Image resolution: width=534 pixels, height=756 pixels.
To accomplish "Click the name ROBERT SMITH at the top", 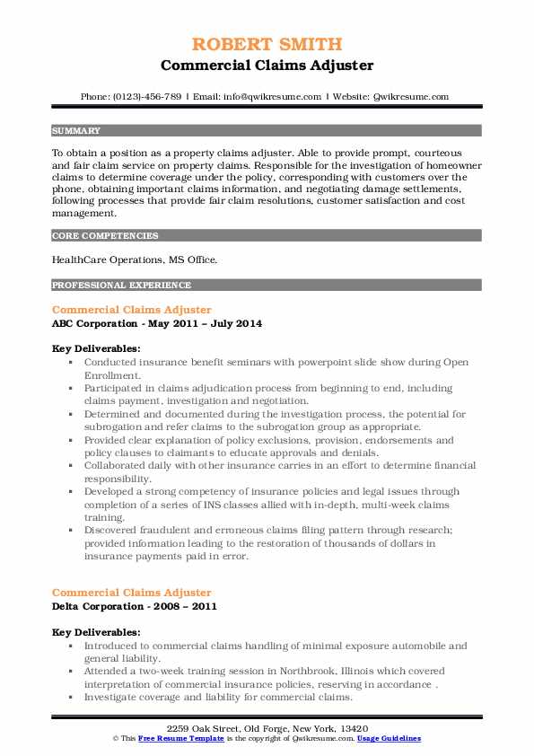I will click(x=267, y=45).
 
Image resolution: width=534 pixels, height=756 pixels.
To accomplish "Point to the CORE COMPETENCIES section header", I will click(x=93, y=236).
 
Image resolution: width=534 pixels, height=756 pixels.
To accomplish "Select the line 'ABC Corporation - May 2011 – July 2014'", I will click(x=156, y=322).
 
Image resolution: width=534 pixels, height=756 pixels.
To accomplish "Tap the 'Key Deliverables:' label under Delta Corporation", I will click(x=96, y=632).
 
